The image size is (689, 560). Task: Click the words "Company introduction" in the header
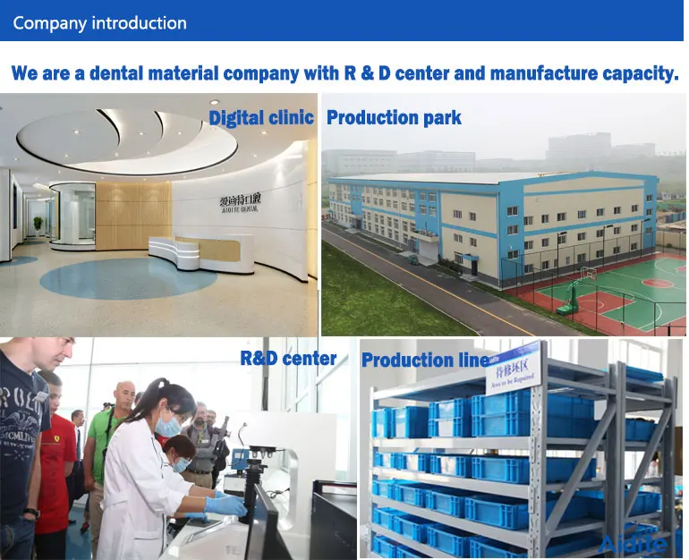point(99,23)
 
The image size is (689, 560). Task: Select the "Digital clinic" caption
point(261,117)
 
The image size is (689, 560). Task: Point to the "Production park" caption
point(394,117)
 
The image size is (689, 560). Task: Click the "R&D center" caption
point(288,359)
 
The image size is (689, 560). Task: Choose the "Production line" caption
point(425,361)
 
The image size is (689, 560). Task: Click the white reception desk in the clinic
point(200,252)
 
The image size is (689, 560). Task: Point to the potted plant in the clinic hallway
point(38,224)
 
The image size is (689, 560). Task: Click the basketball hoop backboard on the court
point(587,272)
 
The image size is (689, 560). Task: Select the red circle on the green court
point(658,282)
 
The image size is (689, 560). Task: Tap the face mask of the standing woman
point(167,427)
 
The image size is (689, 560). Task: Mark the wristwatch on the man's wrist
point(31,514)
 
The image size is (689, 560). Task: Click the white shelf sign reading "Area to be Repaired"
point(513,367)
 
